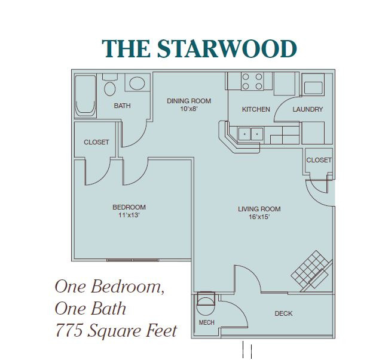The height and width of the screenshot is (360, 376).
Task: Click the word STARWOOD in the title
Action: coord(227,48)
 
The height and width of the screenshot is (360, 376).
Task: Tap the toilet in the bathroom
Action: coord(110,85)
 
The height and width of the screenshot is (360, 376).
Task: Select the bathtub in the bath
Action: coord(85,96)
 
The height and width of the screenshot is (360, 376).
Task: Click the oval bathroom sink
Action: coord(137,83)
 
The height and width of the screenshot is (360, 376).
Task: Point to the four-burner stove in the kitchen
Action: coord(252,81)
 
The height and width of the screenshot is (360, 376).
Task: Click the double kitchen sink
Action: coord(250,134)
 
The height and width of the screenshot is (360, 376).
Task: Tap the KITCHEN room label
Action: coord(256,109)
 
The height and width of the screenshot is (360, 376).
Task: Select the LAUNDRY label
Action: coord(308,109)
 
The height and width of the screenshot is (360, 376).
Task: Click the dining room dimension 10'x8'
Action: coord(189,109)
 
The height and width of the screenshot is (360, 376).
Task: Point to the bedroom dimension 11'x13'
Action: coord(129,215)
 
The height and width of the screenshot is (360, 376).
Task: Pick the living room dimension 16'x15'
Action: coord(259,217)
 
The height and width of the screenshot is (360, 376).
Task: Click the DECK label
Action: coord(283,313)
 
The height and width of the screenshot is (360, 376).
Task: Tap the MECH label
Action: coord(206,322)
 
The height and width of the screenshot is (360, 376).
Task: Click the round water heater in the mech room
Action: coord(206,306)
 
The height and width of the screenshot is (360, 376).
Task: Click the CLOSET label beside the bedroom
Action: coord(96,142)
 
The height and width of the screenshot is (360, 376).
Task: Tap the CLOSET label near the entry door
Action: coord(319,160)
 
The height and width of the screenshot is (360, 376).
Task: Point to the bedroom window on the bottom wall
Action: coord(133,260)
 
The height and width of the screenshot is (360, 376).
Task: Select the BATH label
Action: coord(123,106)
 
